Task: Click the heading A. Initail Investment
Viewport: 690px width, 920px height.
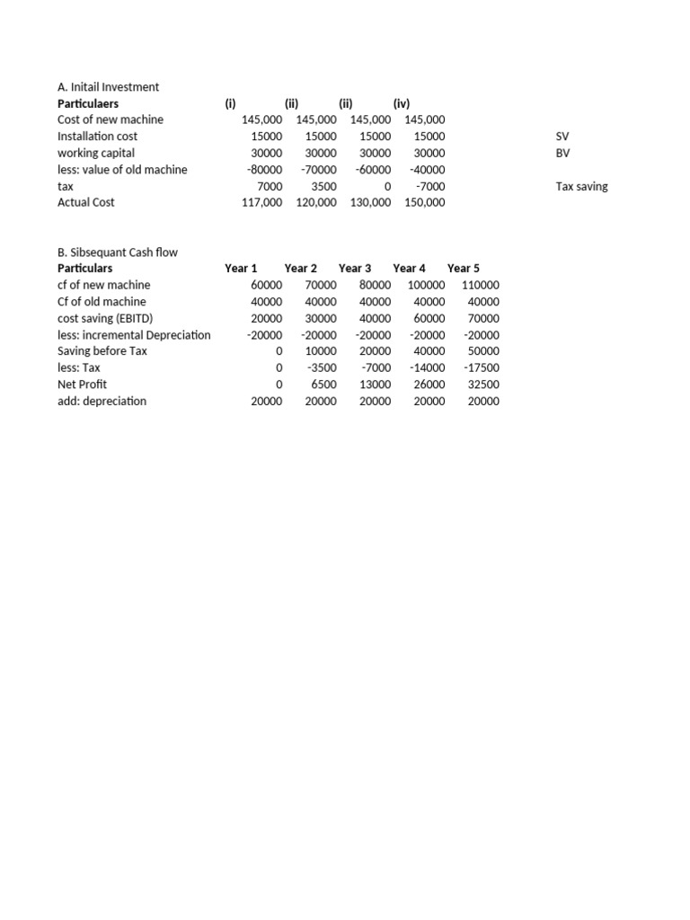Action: pos(108,87)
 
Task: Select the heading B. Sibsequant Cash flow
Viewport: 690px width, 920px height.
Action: pos(118,252)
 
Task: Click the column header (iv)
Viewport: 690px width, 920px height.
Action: pos(401,103)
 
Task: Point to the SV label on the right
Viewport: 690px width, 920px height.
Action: pos(563,137)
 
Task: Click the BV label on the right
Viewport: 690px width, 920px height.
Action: pos(563,153)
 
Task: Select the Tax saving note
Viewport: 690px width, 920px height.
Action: pos(582,186)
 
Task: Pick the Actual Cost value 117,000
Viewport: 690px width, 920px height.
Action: pos(261,203)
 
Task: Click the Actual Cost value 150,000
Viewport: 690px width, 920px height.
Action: pos(424,203)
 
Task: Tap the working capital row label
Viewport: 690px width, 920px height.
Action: pos(96,153)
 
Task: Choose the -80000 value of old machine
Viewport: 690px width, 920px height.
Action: pos(264,170)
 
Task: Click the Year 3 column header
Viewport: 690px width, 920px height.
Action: pos(355,269)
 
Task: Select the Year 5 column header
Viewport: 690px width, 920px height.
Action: pos(464,269)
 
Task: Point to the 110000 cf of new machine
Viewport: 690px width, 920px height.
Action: pos(481,285)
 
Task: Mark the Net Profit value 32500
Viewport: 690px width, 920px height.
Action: pos(483,385)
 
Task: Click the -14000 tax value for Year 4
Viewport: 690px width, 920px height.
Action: pos(428,368)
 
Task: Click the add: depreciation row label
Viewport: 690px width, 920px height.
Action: pos(102,402)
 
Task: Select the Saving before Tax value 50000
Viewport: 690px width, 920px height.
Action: pos(483,351)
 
